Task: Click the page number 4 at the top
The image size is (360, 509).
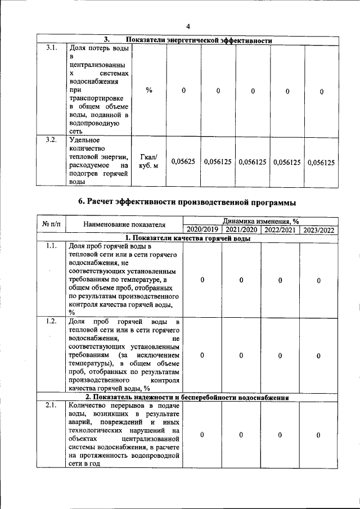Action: tap(189, 26)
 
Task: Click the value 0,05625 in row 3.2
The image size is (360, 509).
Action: tap(183, 162)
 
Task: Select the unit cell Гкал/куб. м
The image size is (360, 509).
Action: tap(148, 162)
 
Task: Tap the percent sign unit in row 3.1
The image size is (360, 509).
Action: tap(148, 91)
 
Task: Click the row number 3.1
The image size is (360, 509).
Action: tap(51, 48)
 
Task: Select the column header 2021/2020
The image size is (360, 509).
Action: tap(241, 230)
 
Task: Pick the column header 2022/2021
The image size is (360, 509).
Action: tap(280, 230)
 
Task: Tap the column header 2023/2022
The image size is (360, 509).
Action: tap(318, 230)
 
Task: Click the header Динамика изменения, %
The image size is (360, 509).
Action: tap(260, 222)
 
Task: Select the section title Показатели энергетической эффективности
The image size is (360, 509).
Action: tap(199, 40)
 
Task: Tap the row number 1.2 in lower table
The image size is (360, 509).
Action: tap(51, 321)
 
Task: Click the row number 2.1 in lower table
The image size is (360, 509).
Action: tap(51, 406)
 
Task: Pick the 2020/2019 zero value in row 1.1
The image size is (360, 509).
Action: tap(202, 280)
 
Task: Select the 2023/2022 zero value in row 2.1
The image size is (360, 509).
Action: tap(318, 435)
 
